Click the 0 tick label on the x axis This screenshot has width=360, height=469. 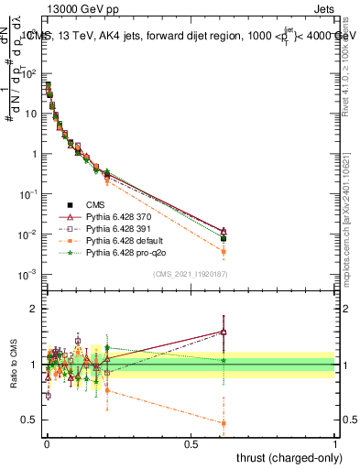(x=47, y=443)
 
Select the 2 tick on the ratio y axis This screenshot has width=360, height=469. (x=34, y=309)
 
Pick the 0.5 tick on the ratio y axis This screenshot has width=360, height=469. (x=31, y=420)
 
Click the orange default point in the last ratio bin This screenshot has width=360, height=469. (x=224, y=423)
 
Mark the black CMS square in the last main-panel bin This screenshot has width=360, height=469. (x=224, y=238)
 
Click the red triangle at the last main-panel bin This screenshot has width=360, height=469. (x=224, y=231)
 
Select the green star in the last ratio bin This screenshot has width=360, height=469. (x=224, y=360)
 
